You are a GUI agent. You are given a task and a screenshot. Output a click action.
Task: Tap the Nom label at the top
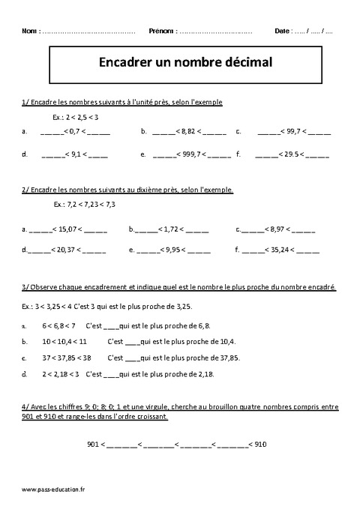(x=31, y=31)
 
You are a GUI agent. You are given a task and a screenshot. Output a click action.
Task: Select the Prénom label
(x=162, y=31)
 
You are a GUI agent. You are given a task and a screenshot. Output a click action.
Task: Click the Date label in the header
(x=282, y=31)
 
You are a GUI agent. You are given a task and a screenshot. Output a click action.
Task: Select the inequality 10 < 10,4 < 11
(x=65, y=342)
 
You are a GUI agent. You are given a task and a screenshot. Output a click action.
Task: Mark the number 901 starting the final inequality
(x=94, y=444)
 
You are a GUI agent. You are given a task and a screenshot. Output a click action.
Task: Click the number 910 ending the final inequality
(x=259, y=444)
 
